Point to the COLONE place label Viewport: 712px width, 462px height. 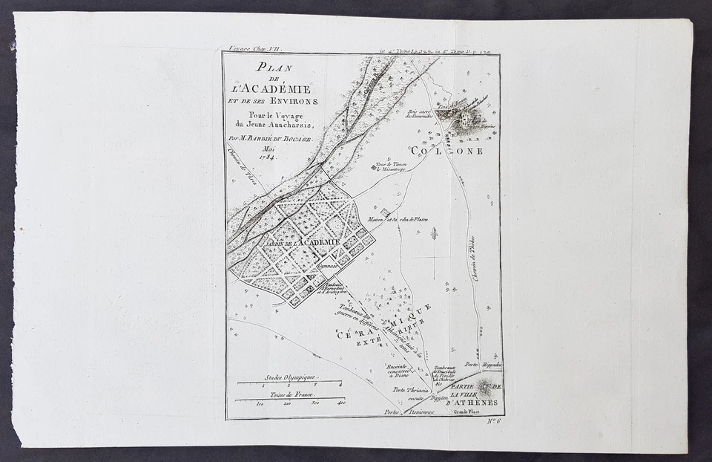click(x=456, y=151)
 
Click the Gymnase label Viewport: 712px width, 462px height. click(x=329, y=264)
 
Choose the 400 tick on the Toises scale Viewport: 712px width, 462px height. click(x=340, y=403)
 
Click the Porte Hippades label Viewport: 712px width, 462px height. click(x=483, y=365)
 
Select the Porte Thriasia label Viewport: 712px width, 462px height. click(x=410, y=390)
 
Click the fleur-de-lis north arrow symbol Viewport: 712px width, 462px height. click(x=433, y=233)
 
